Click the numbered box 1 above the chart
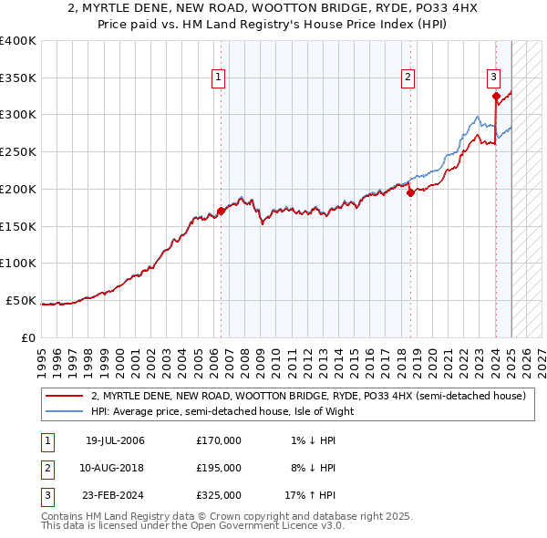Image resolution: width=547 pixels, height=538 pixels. click(x=220, y=78)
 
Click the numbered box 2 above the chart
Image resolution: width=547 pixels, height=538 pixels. click(x=408, y=78)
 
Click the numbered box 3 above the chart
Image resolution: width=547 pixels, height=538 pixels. click(x=493, y=78)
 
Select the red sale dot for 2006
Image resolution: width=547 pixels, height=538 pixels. click(x=221, y=211)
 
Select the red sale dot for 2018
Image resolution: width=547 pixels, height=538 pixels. click(x=409, y=192)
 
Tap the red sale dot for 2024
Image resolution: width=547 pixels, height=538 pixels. click(x=495, y=96)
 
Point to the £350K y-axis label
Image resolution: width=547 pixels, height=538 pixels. click(x=18, y=78)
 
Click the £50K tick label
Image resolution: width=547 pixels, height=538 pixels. click(x=22, y=300)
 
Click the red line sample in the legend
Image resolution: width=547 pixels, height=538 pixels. click(x=64, y=397)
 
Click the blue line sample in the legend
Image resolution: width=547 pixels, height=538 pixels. click(x=64, y=411)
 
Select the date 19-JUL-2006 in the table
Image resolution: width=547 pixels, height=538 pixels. click(x=115, y=440)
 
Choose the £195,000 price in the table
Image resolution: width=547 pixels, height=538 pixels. click(x=219, y=468)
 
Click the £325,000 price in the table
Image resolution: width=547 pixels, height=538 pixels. click(x=219, y=495)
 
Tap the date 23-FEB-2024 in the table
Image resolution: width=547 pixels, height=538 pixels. click(x=115, y=495)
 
